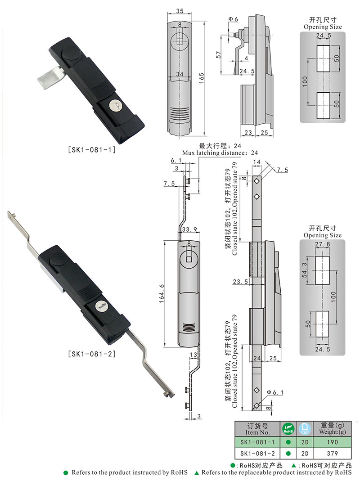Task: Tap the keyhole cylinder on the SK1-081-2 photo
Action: (101, 307)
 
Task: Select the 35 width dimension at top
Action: (180, 11)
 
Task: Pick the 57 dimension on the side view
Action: (218, 54)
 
